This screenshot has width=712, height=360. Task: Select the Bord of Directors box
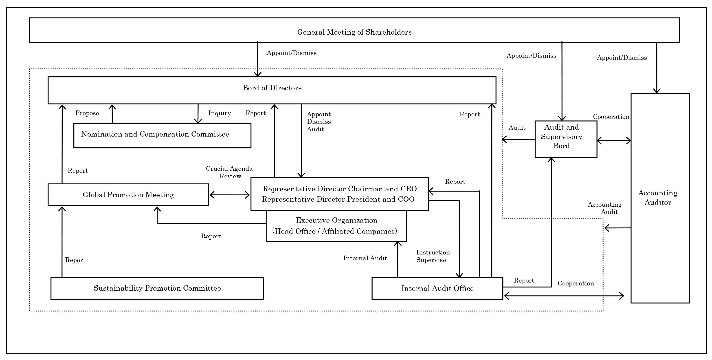tap(272, 91)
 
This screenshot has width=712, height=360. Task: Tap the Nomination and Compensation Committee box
tap(162, 135)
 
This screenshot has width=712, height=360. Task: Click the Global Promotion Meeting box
tap(128, 195)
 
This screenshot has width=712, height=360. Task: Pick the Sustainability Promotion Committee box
tap(157, 288)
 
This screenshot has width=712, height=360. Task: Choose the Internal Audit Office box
tap(437, 288)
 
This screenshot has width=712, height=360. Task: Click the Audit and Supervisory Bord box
tap(566, 139)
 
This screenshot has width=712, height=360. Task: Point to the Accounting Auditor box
tap(660, 198)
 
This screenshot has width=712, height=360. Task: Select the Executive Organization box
tap(336, 226)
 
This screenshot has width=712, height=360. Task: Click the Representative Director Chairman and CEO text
tap(340, 189)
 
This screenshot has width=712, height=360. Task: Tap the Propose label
tap(87, 113)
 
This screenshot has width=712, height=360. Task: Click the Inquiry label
tap(220, 113)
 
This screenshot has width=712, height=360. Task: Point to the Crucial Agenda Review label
tap(229, 172)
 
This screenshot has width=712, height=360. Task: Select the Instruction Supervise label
tap(433, 256)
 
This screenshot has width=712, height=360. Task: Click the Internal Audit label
tap(365, 258)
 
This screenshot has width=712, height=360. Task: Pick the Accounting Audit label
tap(605, 208)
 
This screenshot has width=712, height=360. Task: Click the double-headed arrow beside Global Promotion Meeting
tap(229, 195)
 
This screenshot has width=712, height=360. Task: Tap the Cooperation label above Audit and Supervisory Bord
tap(611, 117)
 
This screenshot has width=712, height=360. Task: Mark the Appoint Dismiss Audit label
tap(319, 122)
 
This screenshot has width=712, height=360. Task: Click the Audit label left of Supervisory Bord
tap(517, 128)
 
